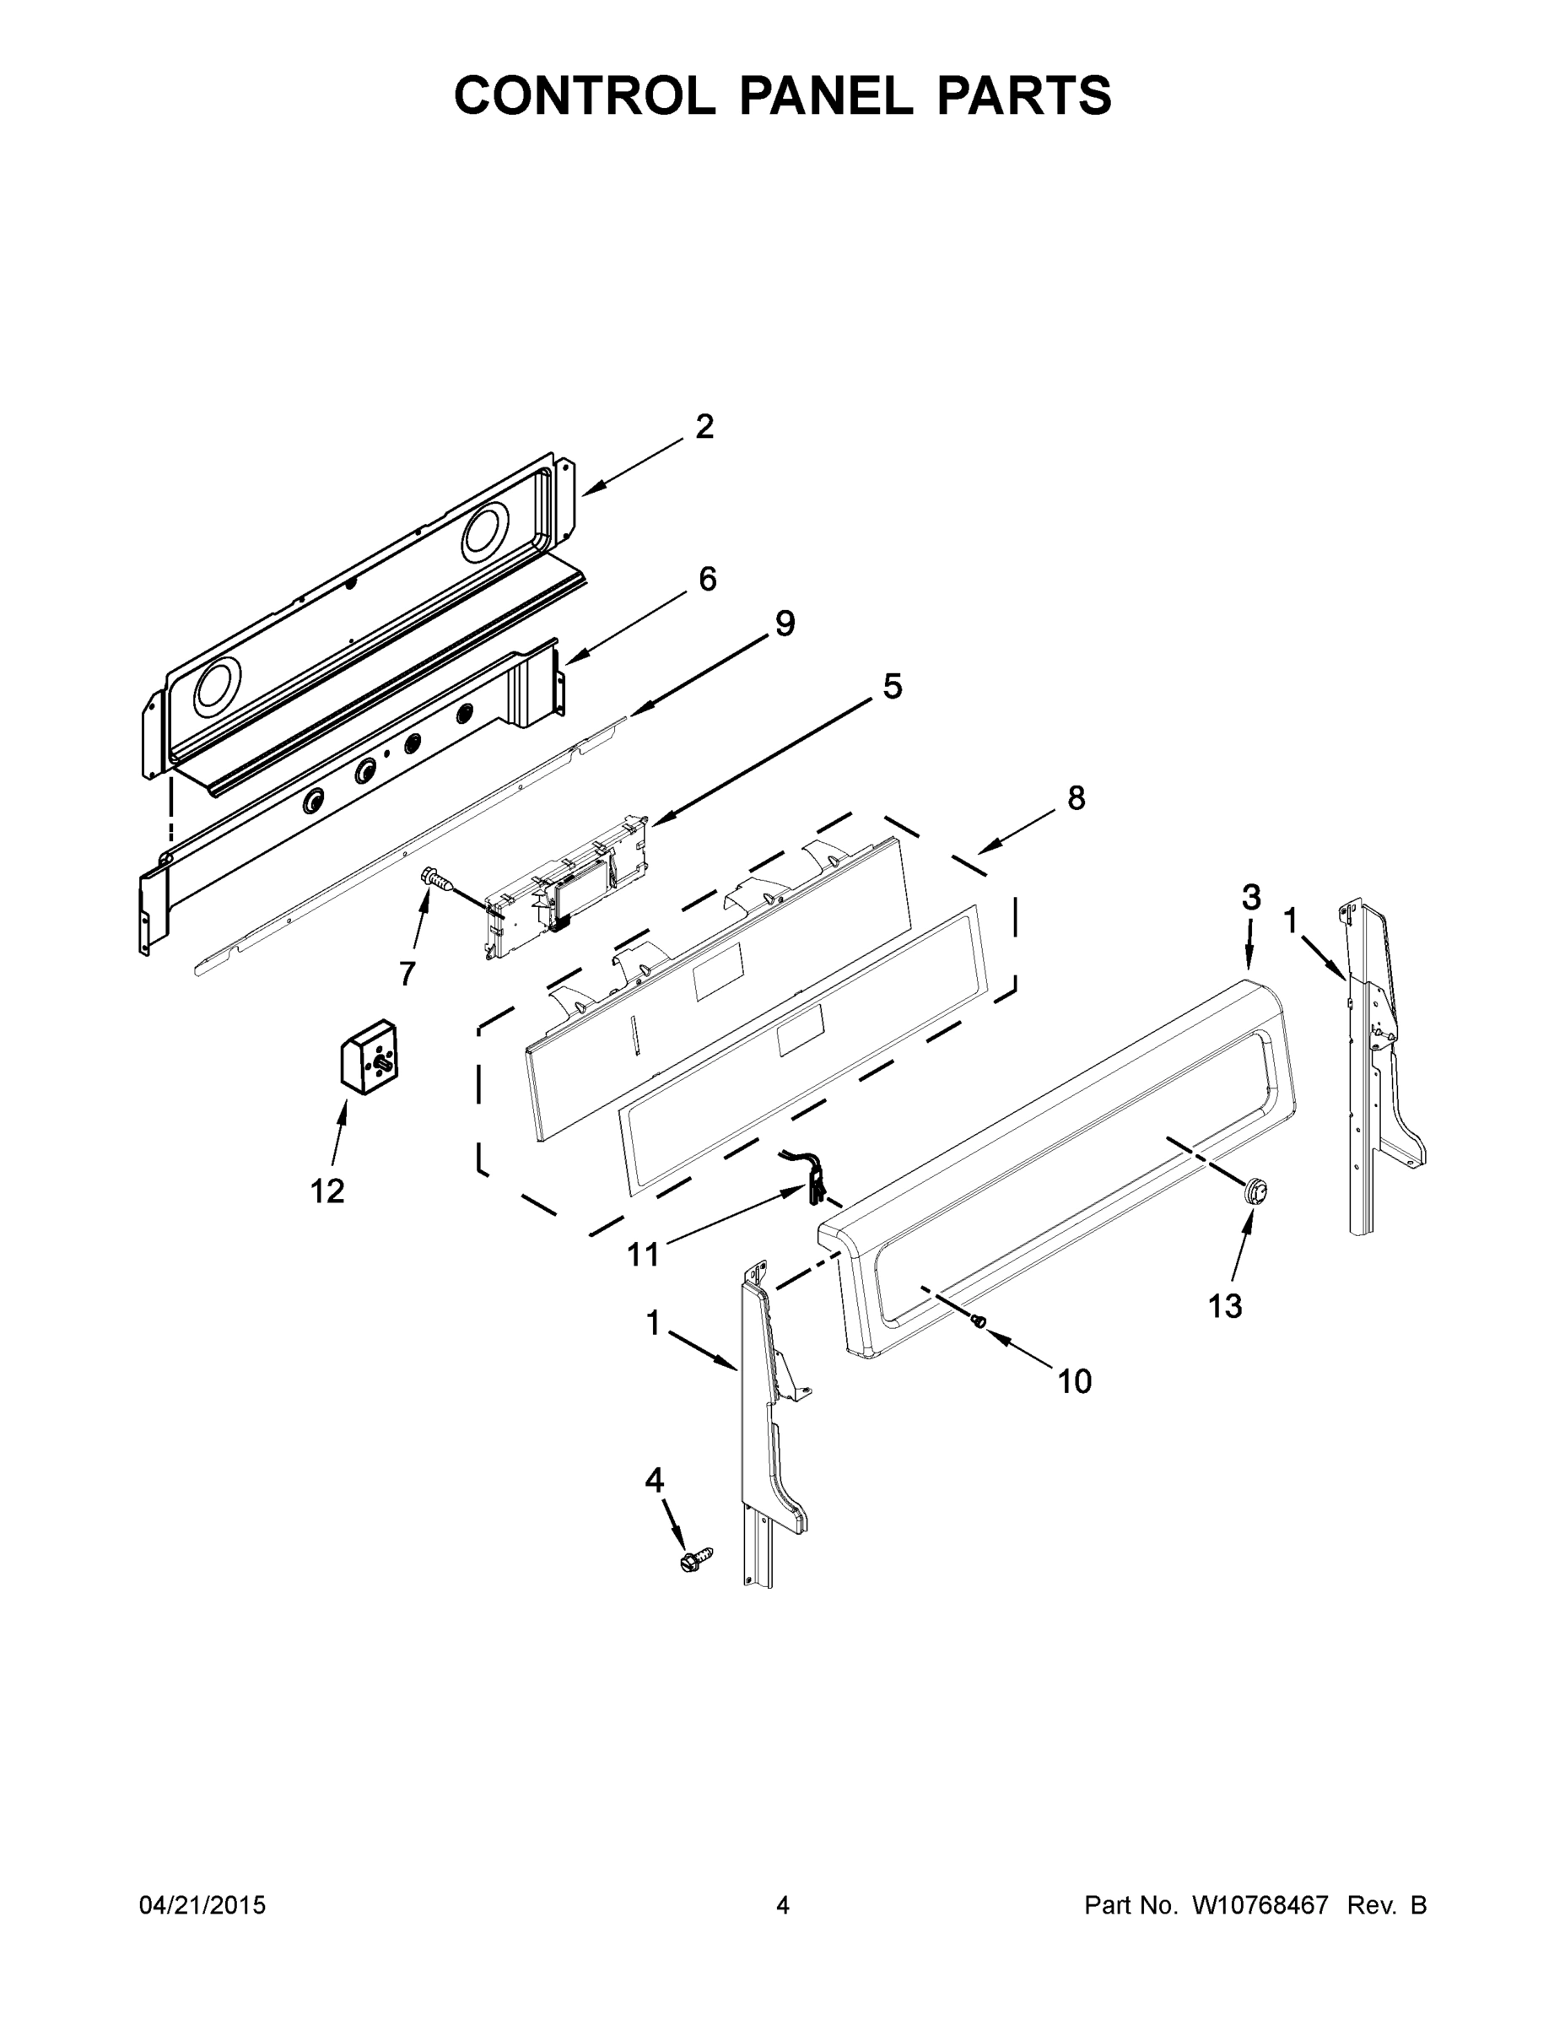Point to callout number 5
[892, 686]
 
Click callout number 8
[1076, 797]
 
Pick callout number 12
[327, 1191]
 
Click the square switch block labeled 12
[368, 1058]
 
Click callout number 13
[1225, 1306]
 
